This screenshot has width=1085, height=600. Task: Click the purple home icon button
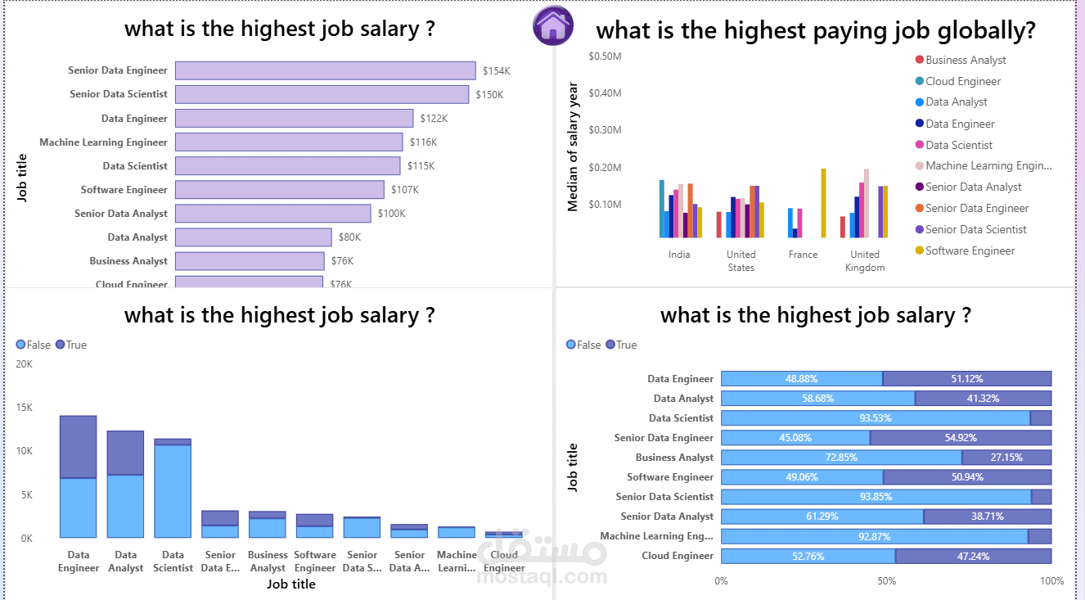tap(552, 25)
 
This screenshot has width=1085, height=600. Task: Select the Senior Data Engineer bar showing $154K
tap(325, 70)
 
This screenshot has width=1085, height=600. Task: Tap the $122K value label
tap(434, 119)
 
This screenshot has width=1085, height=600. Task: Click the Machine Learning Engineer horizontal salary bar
tap(288, 142)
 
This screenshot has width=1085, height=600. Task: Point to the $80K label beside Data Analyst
tap(349, 237)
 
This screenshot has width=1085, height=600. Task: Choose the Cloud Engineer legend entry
tap(962, 81)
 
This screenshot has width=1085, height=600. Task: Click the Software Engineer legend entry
tap(970, 250)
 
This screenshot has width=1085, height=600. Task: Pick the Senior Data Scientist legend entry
tap(975, 229)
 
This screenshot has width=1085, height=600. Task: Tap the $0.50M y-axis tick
tap(605, 56)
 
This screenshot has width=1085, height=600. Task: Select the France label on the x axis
tap(803, 255)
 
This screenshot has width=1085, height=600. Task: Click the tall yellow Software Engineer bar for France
tap(823, 203)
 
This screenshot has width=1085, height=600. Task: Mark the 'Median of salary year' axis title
tap(573, 147)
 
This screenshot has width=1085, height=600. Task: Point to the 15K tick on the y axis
tap(25, 408)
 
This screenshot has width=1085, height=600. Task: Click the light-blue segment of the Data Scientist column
tap(173, 491)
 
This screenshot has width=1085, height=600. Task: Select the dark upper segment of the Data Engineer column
tap(78, 447)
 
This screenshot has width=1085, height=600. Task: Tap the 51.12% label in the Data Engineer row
tap(966, 379)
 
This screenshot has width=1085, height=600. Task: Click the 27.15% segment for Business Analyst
tap(1006, 458)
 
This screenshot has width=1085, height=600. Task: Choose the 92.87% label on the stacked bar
tap(874, 536)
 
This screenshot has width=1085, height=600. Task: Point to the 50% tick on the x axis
tap(886, 581)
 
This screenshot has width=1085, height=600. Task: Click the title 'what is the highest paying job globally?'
tap(815, 31)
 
